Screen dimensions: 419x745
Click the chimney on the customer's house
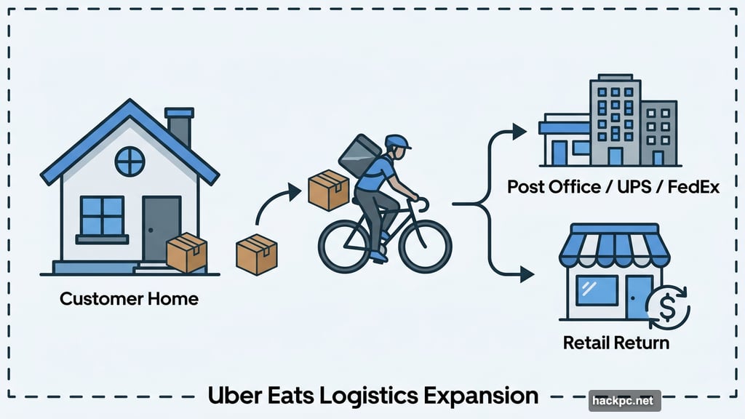pos(179,127)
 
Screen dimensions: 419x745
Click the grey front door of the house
pos(160,226)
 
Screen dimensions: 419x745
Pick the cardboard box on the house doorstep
pos(187,252)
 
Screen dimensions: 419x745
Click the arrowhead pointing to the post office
pos(518,131)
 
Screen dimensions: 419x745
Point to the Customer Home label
pos(129,298)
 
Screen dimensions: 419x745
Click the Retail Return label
pos(615,341)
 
